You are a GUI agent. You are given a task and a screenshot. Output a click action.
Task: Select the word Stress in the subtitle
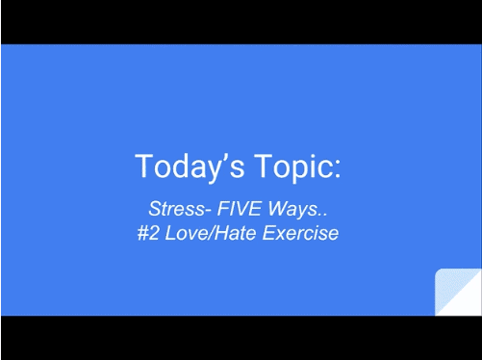pos(173,209)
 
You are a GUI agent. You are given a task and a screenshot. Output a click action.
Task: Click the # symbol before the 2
pos(143,233)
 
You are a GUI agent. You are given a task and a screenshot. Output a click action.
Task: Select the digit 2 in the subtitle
pos(156,233)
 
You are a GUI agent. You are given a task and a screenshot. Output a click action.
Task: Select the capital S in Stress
pos(154,209)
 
